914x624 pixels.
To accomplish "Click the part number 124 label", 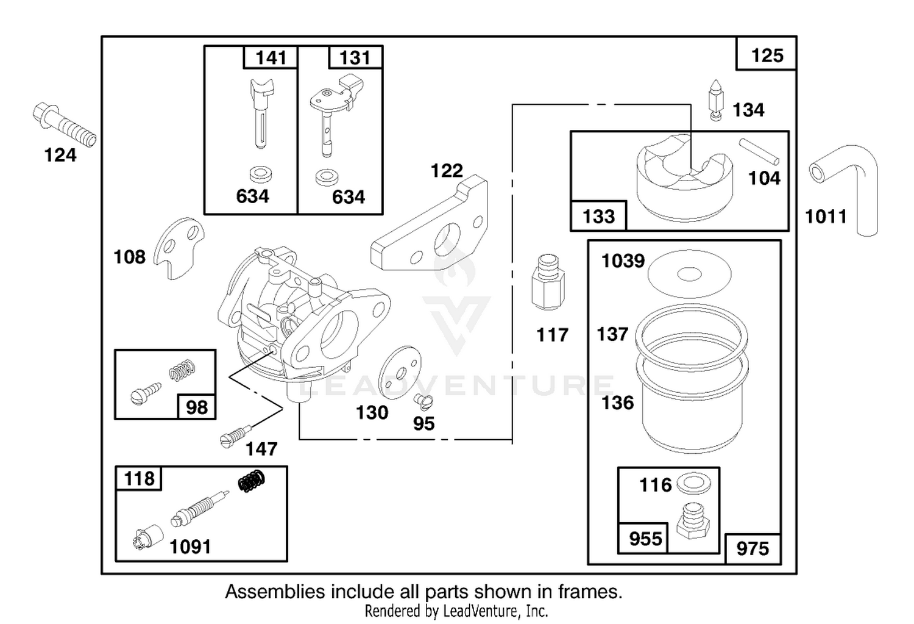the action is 60,156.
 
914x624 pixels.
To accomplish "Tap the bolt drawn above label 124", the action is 64,124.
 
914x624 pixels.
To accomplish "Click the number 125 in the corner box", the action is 767,56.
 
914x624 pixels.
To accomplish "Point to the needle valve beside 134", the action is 715,100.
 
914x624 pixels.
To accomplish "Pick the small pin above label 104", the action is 759,151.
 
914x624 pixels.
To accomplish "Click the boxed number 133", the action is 598,217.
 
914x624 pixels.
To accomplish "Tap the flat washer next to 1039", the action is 689,274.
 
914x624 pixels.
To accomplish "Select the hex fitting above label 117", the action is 548,282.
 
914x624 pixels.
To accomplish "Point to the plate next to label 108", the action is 179,247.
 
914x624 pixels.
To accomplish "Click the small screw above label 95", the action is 423,402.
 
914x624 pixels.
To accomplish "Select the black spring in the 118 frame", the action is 251,481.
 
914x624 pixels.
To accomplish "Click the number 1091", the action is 190,547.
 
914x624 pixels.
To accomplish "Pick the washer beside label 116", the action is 693,484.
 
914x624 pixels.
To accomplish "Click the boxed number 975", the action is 753,548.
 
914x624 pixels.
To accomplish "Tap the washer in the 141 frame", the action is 261,174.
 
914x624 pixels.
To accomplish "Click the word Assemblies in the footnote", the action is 276,592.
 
